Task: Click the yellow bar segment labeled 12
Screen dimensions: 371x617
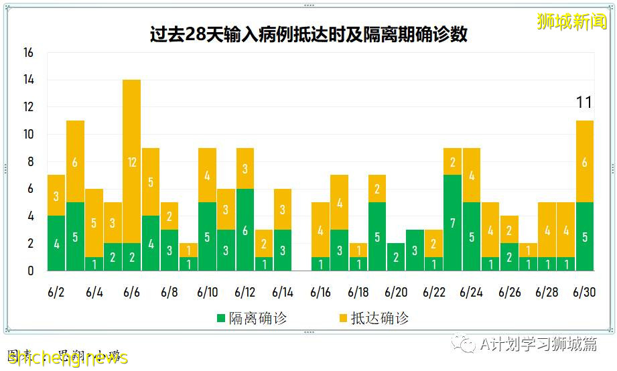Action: tap(132, 161)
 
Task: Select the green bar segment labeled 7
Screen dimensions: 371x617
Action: tap(453, 222)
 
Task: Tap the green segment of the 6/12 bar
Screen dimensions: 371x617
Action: tap(245, 230)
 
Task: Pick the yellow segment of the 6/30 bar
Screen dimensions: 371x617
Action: tap(585, 161)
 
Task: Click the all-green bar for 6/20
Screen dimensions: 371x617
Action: tap(396, 256)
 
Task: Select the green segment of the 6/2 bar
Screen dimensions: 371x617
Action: tap(56, 243)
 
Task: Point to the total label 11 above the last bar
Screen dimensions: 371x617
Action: tap(584, 102)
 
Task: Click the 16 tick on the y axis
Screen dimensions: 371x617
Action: tap(28, 52)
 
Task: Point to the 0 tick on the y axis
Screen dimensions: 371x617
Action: tap(31, 271)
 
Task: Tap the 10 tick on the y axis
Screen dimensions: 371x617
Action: tap(28, 134)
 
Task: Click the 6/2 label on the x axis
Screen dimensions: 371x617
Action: tap(56, 293)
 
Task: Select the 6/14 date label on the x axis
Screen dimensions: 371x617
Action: tap(283, 293)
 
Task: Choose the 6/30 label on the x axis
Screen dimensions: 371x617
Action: tap(585, 293)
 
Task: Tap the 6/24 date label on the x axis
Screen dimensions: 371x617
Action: tap(472, 293)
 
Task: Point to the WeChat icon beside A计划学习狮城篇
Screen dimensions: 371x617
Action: tap(464, 344)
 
